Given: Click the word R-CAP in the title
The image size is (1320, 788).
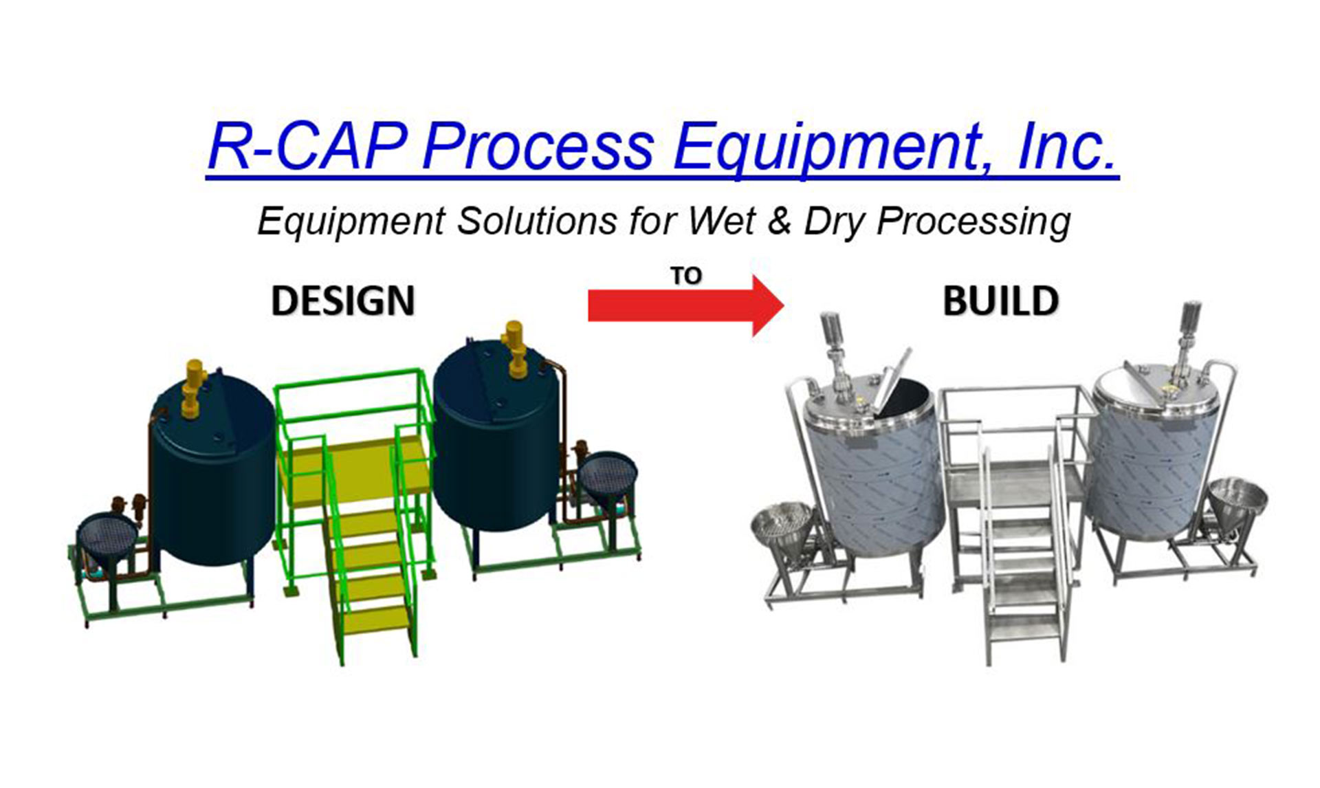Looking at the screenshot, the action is pos(307,146).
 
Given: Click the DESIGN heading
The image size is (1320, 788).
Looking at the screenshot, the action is pos(343,301).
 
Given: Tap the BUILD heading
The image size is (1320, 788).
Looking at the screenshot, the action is pos(1000,301).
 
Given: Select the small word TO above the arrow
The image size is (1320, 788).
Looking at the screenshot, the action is pos(685,276).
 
